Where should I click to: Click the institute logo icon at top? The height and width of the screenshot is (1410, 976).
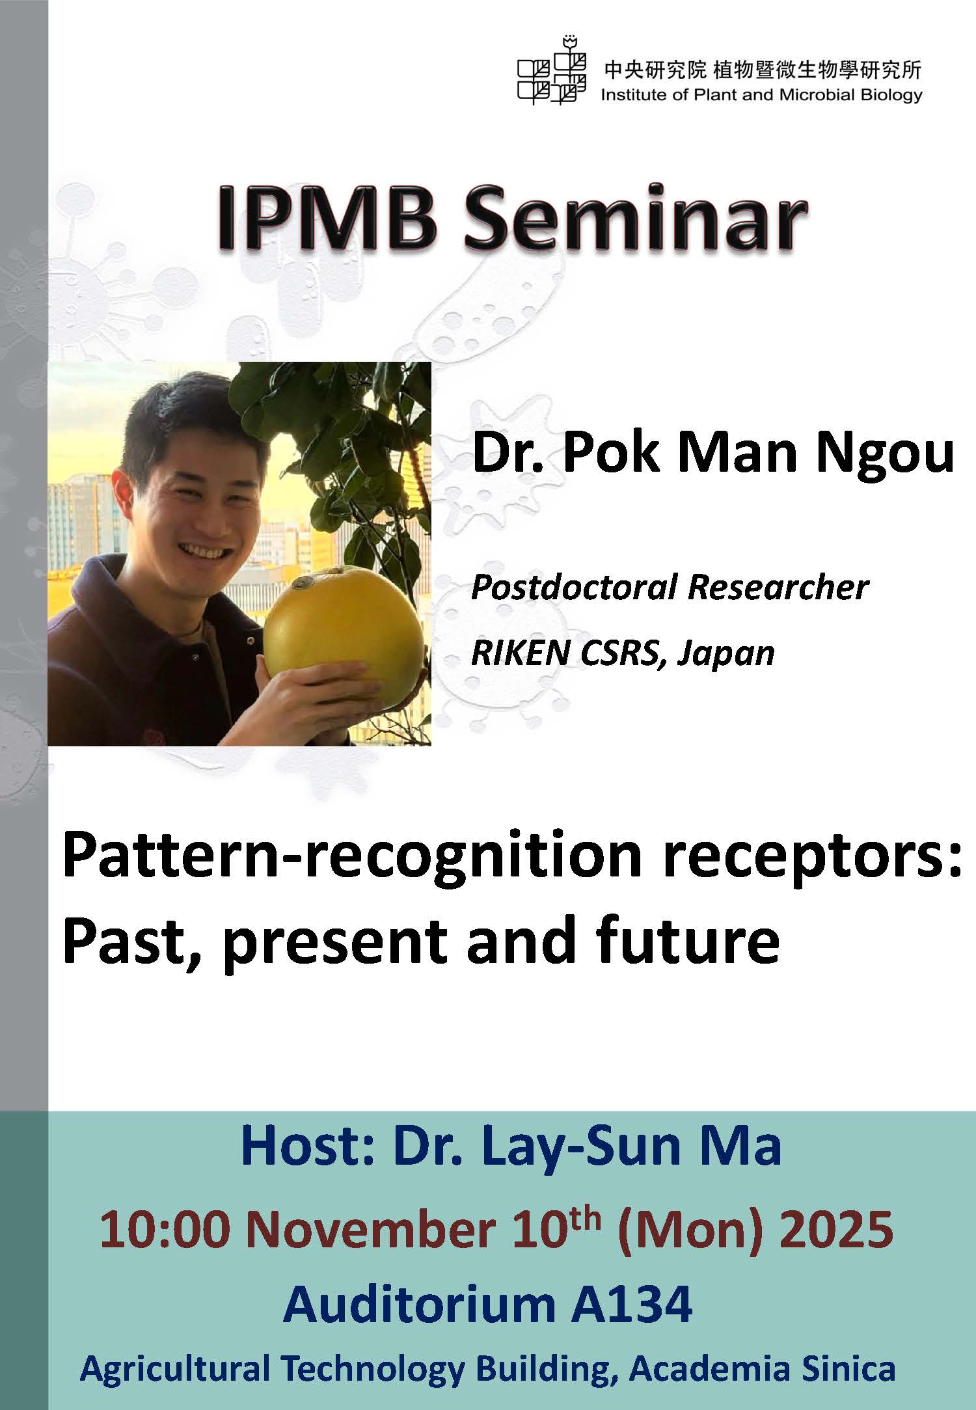click(x=550, y=70)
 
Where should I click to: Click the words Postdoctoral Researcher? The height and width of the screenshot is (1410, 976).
click(x=670, y=588)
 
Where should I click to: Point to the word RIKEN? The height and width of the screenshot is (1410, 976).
click(x=515, y=653)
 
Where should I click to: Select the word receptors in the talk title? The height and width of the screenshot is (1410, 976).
click(x=806, y=860)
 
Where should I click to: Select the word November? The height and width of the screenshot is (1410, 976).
click(x=370, y=1230)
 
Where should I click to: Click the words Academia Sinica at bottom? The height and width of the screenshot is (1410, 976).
click(x=762, y=1368)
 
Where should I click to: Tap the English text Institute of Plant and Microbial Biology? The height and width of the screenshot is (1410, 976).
click(x=761, y=95)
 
